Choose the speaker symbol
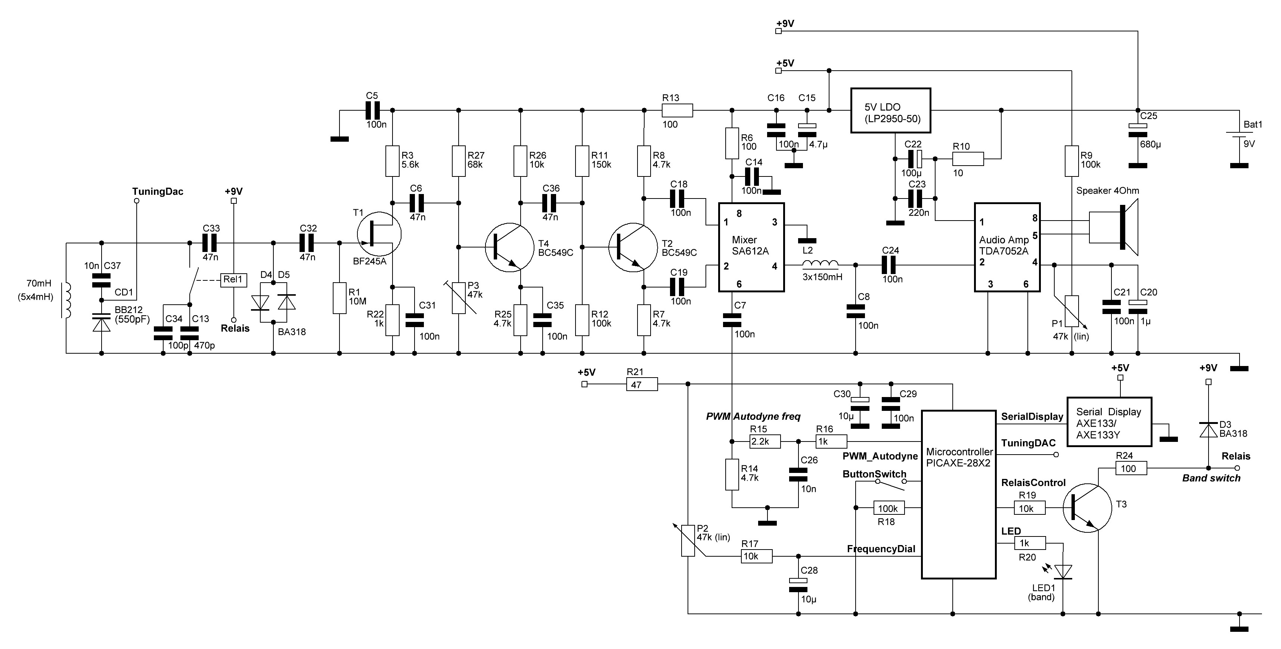pos(1114,227)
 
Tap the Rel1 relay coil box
pos(233,280)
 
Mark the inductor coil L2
pos(821,264)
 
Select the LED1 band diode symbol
pos(1063,572)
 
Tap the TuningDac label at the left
pos(158,192)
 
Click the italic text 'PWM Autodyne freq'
pos(753,416)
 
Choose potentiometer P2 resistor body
pos(688,541)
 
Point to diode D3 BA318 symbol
pos(1209,430)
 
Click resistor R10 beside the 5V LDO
pos(968,159)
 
